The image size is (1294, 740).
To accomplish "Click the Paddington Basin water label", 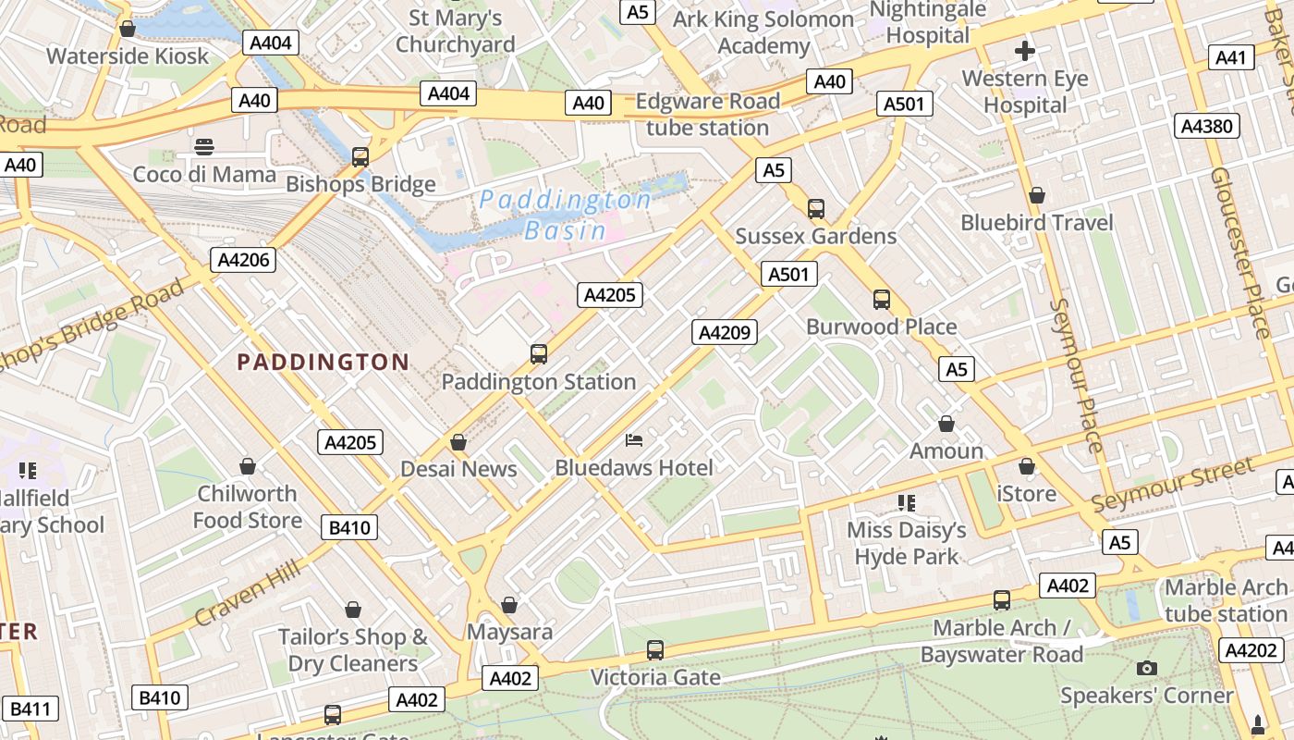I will click(x=565, y=215).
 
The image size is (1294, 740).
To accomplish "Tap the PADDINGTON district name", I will click(x=323, y=362).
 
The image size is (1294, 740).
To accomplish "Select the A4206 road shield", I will click(x=244, y=260).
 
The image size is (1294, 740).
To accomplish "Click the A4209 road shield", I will click(x=726, y=332).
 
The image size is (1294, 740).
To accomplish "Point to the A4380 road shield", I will click(x=1208, y=126).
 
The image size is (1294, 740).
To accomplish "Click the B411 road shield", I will click(x=31, y=709).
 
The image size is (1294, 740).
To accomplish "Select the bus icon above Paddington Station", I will click(x=539, y=353).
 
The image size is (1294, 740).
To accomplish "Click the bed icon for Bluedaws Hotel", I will click(x=634, y=439).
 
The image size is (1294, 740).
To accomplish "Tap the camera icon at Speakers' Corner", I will click(x=1146, y=668).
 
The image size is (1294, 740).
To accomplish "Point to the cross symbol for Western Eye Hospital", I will click(x=1024, y=51).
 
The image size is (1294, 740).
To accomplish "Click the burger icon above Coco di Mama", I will click(x=204, y=146).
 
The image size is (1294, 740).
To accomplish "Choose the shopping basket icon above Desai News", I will click(x=458, y=442).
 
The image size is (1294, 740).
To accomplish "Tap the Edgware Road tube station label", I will click(x=707, y=115).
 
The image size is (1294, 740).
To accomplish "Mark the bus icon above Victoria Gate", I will click(x=655, y=650).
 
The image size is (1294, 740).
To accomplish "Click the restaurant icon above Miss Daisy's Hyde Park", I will click(x=907, y=502).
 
